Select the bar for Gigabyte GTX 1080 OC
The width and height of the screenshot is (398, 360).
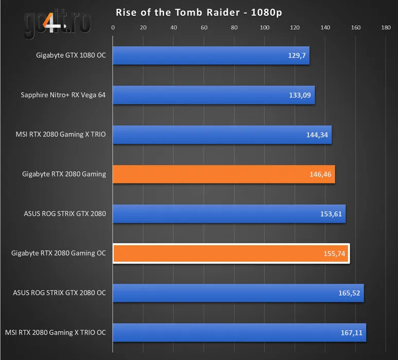[x=211, y=55]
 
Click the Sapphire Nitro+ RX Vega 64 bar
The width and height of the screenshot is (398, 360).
[x=214, y=95]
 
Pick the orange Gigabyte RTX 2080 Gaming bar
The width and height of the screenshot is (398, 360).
[x=223, y=174]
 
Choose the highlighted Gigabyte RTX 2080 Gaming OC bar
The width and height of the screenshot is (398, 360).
[x=231, y=254]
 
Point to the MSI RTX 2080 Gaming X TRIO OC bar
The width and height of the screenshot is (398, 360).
[x=239, y=333]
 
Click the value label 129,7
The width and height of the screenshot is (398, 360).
[x=297, y=56]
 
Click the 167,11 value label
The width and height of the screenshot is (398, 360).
[x=352, y=333]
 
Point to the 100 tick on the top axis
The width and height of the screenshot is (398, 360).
[x=265, y=28]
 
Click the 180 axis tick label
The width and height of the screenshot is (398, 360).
[x=386, y=28]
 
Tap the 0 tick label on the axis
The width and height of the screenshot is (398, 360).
[x=113, y=28]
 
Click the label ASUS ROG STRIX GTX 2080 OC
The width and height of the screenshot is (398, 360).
[x=59, y=293]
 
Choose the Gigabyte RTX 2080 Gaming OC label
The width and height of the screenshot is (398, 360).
[x=58, y=254]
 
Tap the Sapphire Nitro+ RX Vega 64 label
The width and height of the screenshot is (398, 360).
[x=63, y=95]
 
